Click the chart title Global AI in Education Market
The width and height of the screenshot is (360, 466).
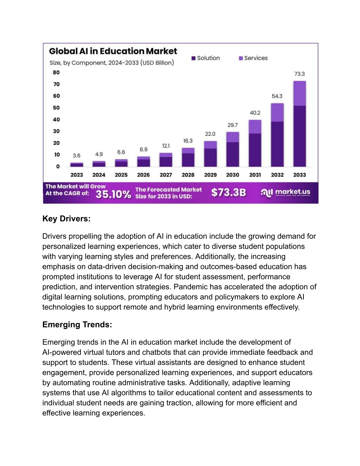(113, 51)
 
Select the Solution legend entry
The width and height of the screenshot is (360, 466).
(206, 58)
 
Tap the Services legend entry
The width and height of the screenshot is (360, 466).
(253, 58)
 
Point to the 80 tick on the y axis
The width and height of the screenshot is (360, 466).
(56, 72)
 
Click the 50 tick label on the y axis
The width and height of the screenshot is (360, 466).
(56, 108)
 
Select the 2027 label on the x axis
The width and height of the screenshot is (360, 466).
(166, 175)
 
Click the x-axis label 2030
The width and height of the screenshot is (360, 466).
(232, 175)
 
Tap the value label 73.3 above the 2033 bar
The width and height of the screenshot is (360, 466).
(300, 74)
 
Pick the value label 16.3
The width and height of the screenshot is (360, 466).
(188, 141)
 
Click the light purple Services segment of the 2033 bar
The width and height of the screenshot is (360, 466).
(300, 93)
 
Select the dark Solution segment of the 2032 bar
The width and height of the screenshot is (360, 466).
(277, 144)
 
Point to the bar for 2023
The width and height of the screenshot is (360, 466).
(77, 165)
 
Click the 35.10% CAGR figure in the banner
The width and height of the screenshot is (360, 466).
(113, 194)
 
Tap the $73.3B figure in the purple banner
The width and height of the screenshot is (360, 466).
(229, 192)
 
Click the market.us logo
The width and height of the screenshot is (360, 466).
(285, 193)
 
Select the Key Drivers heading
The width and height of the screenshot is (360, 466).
(66, 218)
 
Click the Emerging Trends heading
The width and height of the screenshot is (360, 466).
(77, 325)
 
